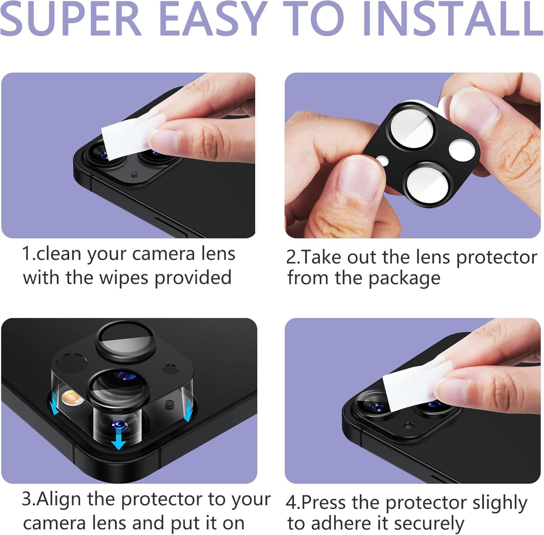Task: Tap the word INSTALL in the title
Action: click(452, 19)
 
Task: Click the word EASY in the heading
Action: click(212, 19)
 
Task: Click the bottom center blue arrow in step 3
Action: click(119, 441)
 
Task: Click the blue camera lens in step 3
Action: click(119, 426)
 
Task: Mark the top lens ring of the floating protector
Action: click(125, 341)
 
